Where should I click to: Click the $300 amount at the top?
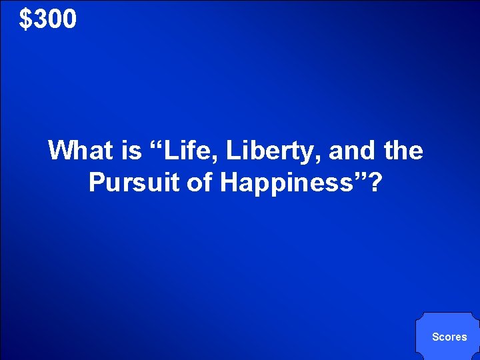pyautogui.click(x=48, y=20)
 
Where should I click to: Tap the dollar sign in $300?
pyautogui.click(x=25, y=20)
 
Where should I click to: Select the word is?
pyautogui.click(x=131, y=151)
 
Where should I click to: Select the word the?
pyautogui.click(x=403, y=151)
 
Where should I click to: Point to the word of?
pyautogui.click(x=198, y=182)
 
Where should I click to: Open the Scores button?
pyautogui.click(x=449, y=337)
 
